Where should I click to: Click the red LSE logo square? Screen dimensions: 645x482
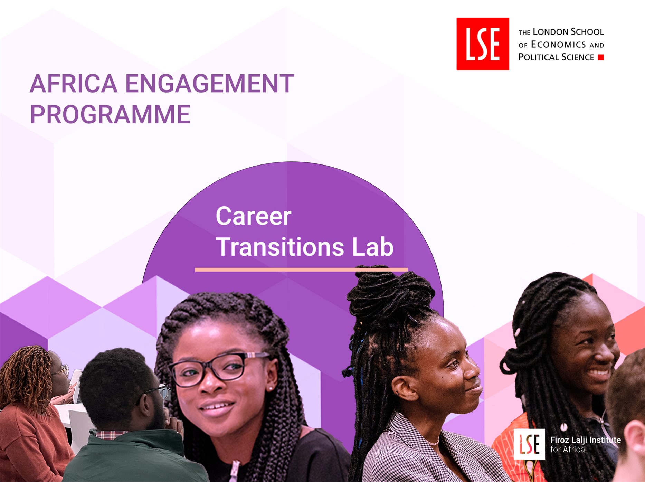[x=483, y=44]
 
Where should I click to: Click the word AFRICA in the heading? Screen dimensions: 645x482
[x=74, y=84]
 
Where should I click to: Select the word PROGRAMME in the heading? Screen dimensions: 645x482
[x=110, y=114]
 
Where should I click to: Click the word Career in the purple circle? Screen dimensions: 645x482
[x=254, y=216]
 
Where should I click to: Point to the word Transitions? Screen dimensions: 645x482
[x=280, y=247]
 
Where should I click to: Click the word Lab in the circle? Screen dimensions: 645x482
[x=373, y=247]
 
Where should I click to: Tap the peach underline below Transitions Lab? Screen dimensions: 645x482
[x=301, y=270]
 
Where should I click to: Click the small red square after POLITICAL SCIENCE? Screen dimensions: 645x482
[x=601, y=57]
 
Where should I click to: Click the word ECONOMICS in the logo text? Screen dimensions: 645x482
[x=558, y=45]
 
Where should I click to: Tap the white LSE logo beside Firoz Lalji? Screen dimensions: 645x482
[x=529, y=444]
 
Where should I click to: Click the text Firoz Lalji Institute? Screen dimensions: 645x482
[x=586, y=440]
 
